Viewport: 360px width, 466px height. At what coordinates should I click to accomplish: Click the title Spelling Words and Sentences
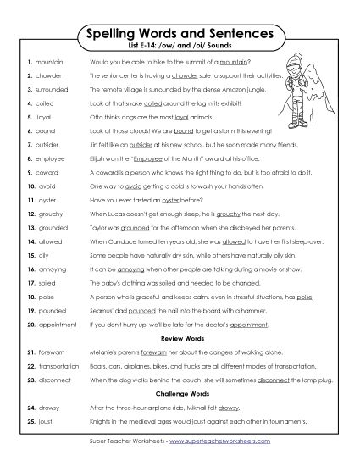tap(180, 34)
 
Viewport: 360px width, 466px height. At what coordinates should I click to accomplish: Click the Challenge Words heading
tap(180, 393)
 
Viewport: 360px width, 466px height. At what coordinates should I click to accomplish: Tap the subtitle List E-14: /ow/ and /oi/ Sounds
tap(180, 47)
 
